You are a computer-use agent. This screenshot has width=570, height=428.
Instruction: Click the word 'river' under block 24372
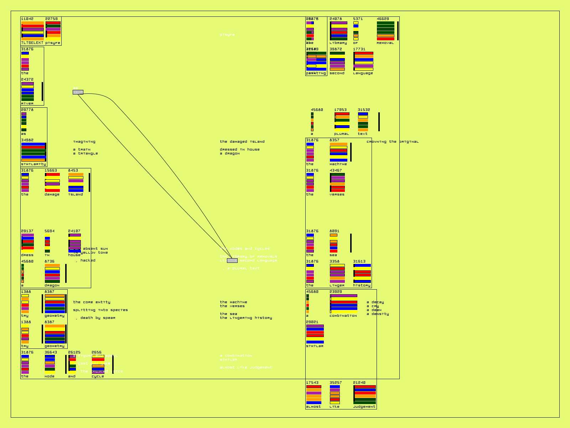pyautogui.click(x=27, y=103)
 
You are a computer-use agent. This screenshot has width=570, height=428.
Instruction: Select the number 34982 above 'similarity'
pyautogui.click(x=27, y=140)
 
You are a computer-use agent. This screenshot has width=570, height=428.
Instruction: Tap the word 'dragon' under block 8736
pyautogui.click(x=52, y=285)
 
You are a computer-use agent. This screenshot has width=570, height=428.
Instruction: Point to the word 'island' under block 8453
pyautogui.click(x=76, y=194)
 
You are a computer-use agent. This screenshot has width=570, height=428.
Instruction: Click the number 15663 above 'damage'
pyautogui.click(x=51, y=170)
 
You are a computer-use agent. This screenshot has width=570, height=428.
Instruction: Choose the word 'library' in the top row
pyautogui.click(x=338, y=43)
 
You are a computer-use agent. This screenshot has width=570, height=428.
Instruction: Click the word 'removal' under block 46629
pyautogui.click(x=385, y=43)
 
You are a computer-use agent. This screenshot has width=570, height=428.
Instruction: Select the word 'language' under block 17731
pyautogui.click(x=363, y=73)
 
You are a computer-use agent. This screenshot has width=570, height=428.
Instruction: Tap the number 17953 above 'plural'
pyautogui.click(x=340, y=110)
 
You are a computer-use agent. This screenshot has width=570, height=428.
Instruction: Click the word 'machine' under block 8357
pyautogui.click(x=338, y=164)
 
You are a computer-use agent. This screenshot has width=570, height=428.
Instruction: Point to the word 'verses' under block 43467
pyautogui.click(x=337, y=194)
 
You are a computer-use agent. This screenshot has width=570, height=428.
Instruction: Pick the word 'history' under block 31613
pyautogui.click(x=362, y=285)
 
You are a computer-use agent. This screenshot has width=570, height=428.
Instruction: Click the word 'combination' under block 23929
pyautogui.click(x=343, y=316)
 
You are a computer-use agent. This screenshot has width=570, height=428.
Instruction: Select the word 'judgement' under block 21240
pyautogui.click(x=364, y=407)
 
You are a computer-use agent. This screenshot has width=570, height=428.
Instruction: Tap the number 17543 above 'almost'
pyautogui.click(x=312, y=383)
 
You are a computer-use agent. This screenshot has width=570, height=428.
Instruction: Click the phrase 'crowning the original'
pyautogui.click(x=393, y=142)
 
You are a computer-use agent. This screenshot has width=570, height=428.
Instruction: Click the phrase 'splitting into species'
pyautogui.click(x=100, y=310)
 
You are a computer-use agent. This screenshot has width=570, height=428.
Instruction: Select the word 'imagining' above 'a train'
pyautogui.click(x=84, y=142)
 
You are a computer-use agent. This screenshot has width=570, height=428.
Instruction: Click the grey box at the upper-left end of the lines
pyautogui.click(x=78, y=92)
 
